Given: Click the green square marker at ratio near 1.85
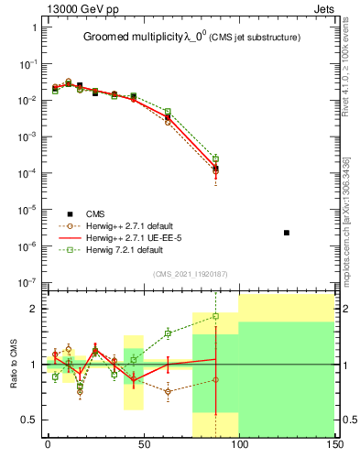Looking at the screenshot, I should point(215,316).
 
